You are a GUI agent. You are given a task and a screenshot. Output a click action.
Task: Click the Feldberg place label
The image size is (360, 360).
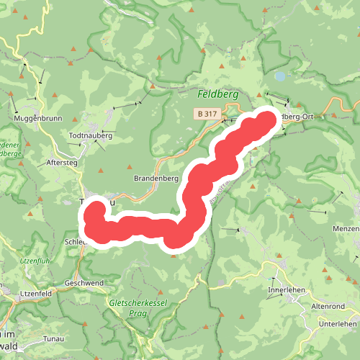pos(218,94)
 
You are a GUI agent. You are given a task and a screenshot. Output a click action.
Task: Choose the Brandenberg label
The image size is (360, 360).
pos(156,178)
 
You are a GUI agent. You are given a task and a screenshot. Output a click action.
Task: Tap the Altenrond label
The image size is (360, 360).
pos(328,306)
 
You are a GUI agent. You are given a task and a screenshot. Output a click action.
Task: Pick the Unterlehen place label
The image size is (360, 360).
pos(338,324)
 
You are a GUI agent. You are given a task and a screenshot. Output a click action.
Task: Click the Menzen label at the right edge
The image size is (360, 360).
pos(347,230)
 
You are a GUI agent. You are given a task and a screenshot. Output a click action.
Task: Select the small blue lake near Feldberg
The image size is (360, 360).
pos(279,75)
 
